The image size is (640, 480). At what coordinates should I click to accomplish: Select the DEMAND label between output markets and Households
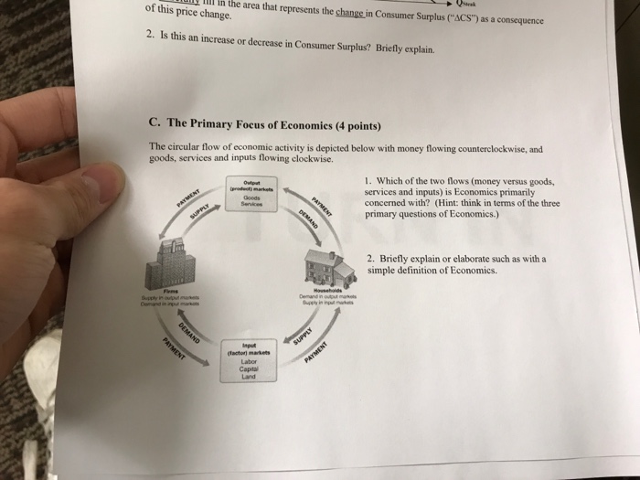(306, 223)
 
